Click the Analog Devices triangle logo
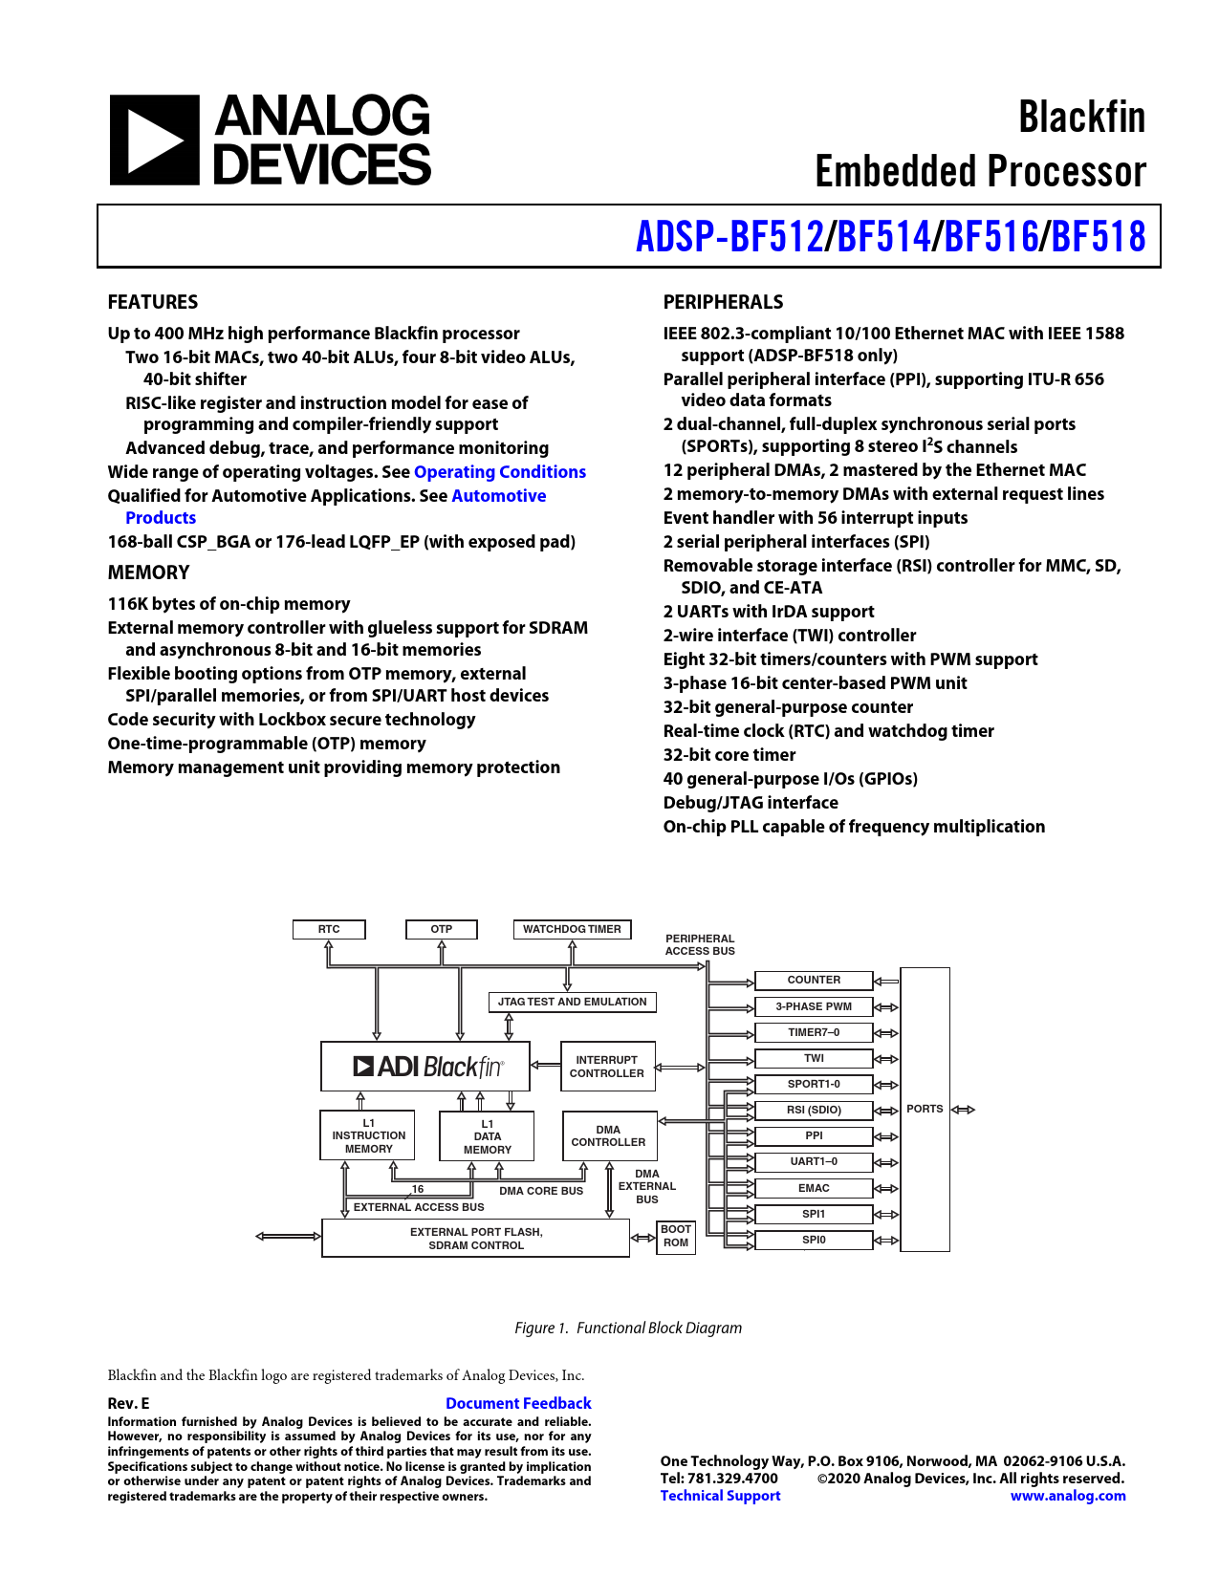tap(154, 140)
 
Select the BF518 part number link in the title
tap(1098, 237)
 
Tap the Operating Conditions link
tap(499, 472)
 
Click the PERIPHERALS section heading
tap(723, 302)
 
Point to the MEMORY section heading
tap(148, 572)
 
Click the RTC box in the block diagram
tap(329, 929)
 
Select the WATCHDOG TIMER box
tap(572, 929)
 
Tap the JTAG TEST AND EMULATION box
tap(572, 1002)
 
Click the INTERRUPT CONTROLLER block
tap(607, 1067)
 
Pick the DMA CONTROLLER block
tap(608, 1135)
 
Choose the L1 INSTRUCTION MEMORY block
tap(368, 1135)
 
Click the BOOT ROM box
tap(676, 1236)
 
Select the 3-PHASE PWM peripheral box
tap(814, 1006)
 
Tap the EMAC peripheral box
tap(814, 1188)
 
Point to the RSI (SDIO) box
tap(814, 1110)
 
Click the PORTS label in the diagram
tap(925, 1109)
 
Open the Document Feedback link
tap(518, 1403)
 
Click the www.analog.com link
tap(1068, 1496)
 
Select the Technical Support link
tap(720, 1496)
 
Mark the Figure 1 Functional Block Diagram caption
tap(628, 1328)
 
